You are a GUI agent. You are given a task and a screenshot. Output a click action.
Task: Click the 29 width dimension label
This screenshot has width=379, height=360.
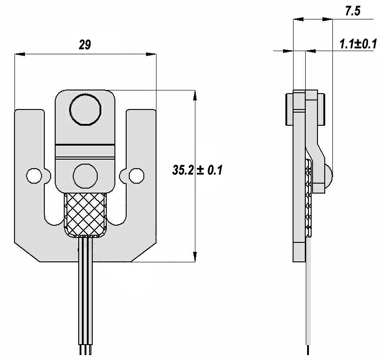(x=85, y=45)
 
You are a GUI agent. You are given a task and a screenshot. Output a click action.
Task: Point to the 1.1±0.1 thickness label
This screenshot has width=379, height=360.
(x=358, y=44)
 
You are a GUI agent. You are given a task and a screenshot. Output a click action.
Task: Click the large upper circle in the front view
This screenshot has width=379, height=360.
(x=85, y=109)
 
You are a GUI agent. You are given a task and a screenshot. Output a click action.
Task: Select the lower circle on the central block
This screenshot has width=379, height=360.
(x=85, y=175)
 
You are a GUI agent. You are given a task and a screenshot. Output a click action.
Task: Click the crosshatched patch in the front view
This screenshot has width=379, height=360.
(x=85, y=214)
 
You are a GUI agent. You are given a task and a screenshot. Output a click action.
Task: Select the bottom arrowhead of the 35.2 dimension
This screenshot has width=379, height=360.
(x=194, y=257)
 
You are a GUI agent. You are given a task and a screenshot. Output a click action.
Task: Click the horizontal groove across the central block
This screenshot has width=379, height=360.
(x=85, y=145)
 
